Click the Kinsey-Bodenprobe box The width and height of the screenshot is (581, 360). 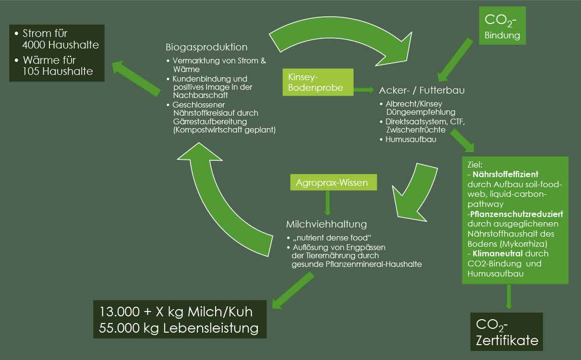point(318,82)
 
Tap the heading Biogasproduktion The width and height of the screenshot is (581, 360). point(206,47)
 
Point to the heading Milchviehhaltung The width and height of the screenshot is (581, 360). point(326,224)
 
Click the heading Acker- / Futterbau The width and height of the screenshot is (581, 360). point(422,90)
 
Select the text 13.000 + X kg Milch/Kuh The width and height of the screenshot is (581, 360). point(176,312)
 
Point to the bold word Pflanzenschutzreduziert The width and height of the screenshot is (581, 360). point(517,214)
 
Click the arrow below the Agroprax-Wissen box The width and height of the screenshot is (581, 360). point(327,203)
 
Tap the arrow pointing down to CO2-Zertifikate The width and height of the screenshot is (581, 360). point(509,298)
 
